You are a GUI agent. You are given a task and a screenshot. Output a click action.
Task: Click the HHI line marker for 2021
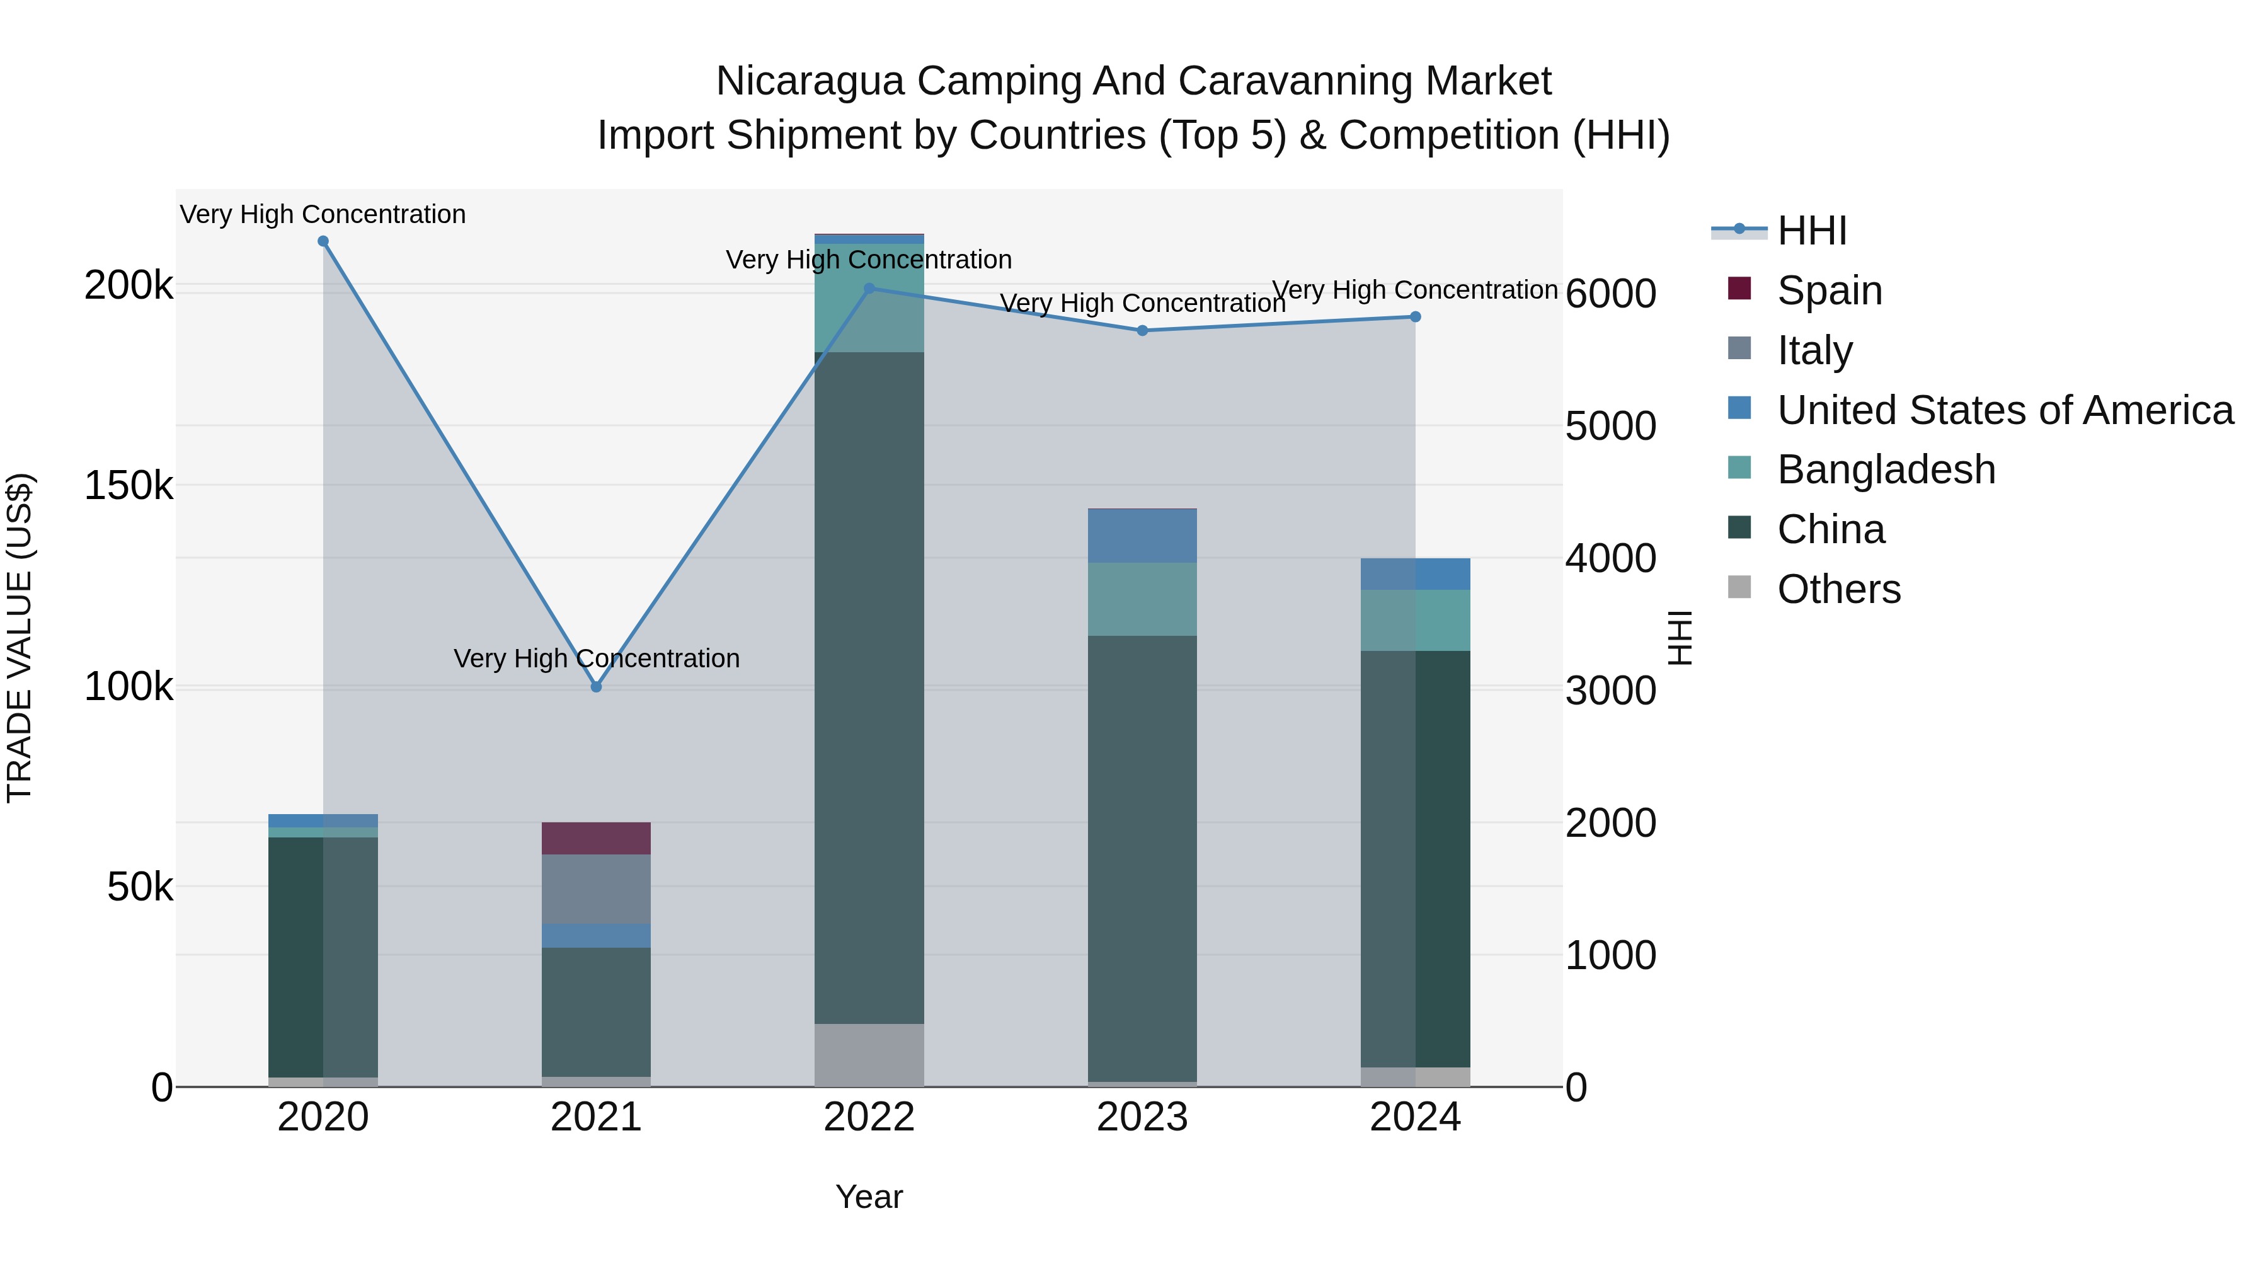click(x=596, y=686)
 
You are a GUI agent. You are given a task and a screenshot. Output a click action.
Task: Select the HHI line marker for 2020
click(x=323, y=241)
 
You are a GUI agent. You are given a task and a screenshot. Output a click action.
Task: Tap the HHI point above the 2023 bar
click(x=1142, y=330)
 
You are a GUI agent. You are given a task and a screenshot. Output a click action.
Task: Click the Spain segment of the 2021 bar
click(x=596, y=837)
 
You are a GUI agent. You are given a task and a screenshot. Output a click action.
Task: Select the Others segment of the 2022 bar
click(x=869, y=1054)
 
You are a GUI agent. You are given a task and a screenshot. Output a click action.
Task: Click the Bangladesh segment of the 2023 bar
click(x=1142, y=599)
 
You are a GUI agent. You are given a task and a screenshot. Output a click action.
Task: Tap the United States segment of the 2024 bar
click(x=1415, y=573)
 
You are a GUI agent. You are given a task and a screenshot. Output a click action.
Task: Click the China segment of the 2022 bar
click(x=869, y=687)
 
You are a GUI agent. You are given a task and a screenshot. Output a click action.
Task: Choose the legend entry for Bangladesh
click(x=1885, y=469)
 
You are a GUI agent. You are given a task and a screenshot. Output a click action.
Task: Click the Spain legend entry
click(x=1829, y=290)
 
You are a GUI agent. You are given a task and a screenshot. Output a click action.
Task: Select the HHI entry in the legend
click(x=1811, y=231)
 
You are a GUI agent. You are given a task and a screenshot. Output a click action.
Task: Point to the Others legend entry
click(x=1838, y=589)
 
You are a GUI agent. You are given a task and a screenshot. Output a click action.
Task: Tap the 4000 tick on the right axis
click(x=1610, y=558)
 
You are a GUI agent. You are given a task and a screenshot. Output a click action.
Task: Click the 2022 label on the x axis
click(x=869, y=1117)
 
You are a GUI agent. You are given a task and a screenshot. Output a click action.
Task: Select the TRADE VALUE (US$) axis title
click(x=20, y=638)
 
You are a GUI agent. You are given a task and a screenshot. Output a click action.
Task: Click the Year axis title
click(x=869, y=1197)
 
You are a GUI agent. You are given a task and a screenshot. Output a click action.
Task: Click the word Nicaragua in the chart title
click(x=809, y=81)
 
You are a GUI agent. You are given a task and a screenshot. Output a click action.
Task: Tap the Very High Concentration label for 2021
click(x=596, y=658)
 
